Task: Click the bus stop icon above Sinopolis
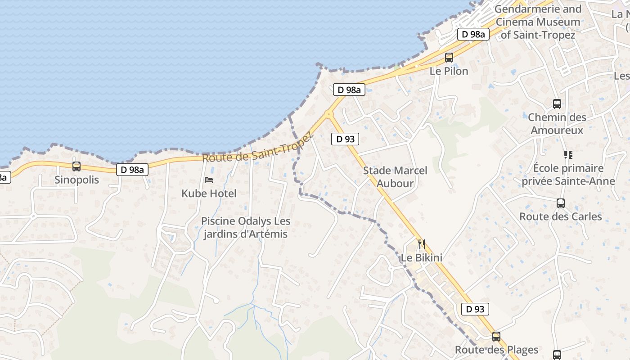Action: tap(76, 166)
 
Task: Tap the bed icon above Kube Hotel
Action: tap(209, 180)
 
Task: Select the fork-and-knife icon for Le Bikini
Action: tap(422, 244)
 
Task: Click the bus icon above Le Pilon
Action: tap(449, 58)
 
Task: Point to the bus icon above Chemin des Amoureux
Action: tap(557, 104)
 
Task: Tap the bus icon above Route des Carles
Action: tap(561, 203)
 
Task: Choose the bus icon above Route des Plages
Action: tap(496, 337)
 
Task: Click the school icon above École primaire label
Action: tap(568, 155)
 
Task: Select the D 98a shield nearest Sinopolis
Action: tap(132, 170)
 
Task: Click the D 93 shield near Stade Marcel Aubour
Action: tap(346, 139)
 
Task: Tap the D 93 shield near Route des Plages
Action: tap(475, 309)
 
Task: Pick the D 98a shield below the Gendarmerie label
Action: tap(473, 34)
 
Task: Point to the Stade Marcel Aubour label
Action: tap(395, 177)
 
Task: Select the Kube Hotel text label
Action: tap(209, 193)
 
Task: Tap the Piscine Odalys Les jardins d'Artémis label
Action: tap(246, 228)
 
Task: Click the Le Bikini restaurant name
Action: tap(422, 258)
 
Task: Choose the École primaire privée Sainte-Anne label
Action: tap(568, 175)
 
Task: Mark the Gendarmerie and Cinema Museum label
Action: tap(538, 22)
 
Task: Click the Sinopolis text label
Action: tap(76, 180)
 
